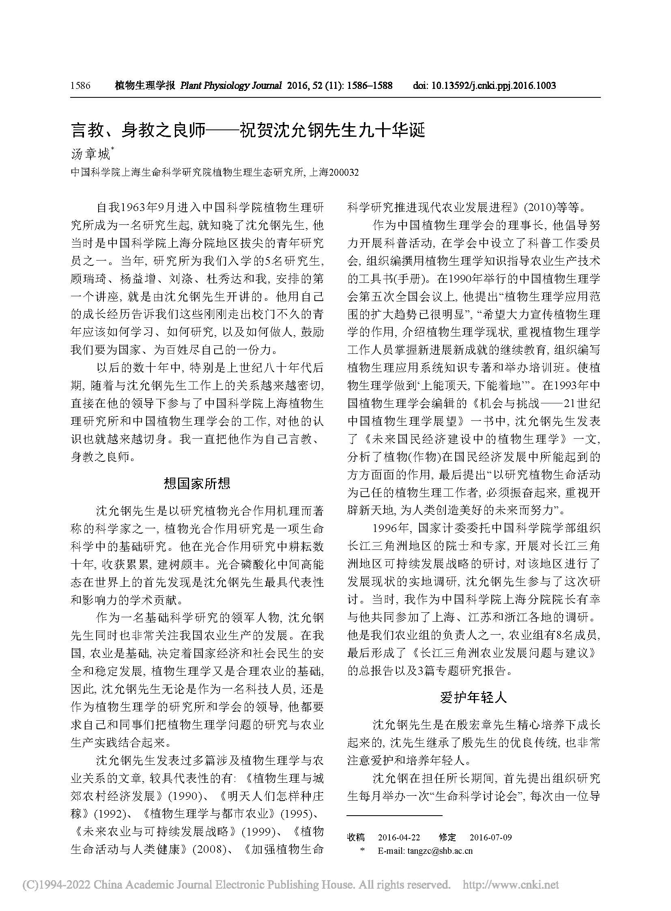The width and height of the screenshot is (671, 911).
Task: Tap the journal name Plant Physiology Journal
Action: (231, 86)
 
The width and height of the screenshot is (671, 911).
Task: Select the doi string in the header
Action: (484, 86)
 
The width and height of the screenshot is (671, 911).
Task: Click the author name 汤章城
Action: (90, 155)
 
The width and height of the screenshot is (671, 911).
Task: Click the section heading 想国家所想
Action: (197, 483)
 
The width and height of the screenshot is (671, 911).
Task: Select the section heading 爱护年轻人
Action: (473, 698)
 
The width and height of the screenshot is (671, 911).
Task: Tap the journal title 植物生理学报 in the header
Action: (144, 86)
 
